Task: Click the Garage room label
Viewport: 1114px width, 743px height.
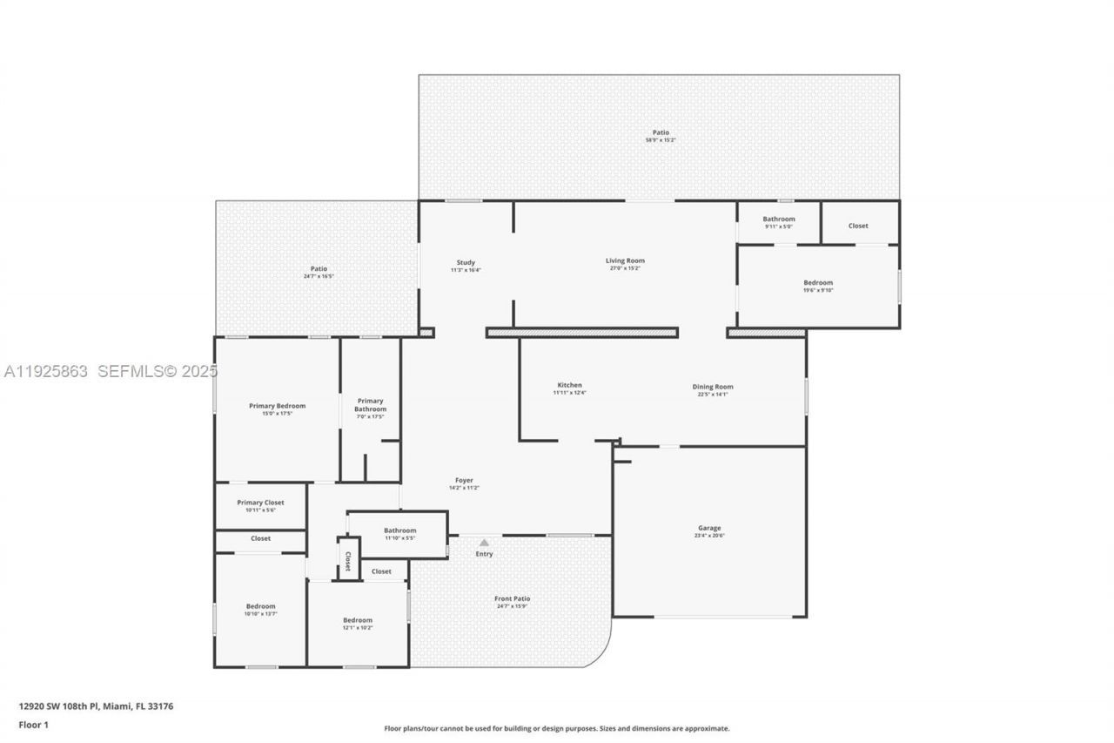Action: point(708,528)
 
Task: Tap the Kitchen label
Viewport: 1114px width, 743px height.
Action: point(569,385)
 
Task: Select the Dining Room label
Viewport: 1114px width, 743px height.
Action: point(712,387)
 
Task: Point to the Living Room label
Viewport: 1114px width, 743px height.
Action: point(625,260)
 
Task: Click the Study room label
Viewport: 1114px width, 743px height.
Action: point(466,262)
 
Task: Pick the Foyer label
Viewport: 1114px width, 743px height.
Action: point(464,480)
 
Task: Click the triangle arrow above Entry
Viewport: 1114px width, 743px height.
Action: point(484,543)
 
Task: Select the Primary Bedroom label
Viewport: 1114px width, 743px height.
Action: point(277,405)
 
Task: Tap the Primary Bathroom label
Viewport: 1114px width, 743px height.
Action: point(370,405)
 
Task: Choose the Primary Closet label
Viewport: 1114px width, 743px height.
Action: point(260,503)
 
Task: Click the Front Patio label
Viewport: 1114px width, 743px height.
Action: point(512,598)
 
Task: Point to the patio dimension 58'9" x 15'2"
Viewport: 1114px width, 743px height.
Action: point(661,140)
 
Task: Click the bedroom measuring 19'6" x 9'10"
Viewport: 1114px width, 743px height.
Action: point(817,282)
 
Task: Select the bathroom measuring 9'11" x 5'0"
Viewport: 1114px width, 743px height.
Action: point(778,219)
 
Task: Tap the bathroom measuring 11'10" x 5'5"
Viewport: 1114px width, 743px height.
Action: point(399,530)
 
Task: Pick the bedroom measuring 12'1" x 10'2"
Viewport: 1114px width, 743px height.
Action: point(357,620)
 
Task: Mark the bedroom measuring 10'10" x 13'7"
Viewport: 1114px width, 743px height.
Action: point(260,606)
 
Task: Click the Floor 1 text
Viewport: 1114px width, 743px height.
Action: point(34,725)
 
